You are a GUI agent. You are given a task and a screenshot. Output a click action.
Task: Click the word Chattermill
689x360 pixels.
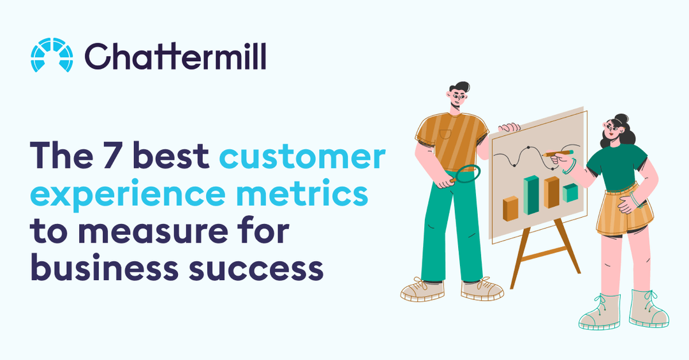click(175, 56)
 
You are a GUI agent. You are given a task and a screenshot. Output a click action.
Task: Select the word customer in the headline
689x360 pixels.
click(302, 156)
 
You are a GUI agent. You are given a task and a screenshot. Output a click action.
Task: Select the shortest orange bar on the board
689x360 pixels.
click(510, 208)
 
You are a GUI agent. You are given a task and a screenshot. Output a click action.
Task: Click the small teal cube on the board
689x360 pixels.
click(570, 192)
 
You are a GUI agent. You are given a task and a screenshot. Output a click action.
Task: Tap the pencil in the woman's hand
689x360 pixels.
click(558, 153)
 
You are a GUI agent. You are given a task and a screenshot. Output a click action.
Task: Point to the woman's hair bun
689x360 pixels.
click(622, 118)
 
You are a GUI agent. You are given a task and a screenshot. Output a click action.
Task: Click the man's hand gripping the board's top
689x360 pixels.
click(509, 127)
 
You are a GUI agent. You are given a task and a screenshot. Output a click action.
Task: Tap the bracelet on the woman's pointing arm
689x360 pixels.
click(569, 167)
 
